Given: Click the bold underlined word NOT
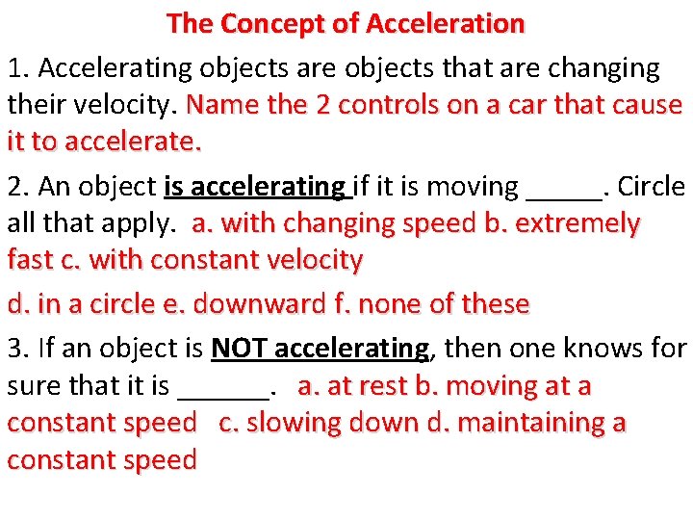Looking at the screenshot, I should pos(241,348).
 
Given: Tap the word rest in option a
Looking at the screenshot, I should pos(383,387).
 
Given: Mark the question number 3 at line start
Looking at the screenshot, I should pos(14,348).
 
